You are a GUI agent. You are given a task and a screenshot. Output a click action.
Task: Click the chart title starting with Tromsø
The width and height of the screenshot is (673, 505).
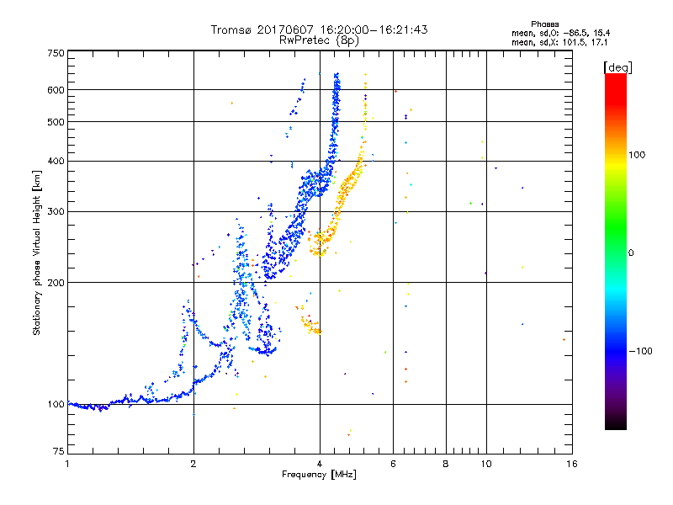point(319,29)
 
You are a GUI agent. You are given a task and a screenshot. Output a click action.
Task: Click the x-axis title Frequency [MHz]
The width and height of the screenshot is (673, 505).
point(319,476)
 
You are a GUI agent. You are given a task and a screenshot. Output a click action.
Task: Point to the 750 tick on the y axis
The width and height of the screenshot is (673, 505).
point(56,53)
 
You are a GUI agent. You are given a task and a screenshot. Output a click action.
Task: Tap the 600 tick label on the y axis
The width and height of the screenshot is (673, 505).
point(56,89)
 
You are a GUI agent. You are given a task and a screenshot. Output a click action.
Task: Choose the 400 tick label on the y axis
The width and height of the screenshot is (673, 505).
point(56,161)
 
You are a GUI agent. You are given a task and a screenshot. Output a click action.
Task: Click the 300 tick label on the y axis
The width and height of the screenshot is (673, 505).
point(56,211)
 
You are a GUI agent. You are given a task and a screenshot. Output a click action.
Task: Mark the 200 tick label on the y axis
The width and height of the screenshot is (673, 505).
point(56,282)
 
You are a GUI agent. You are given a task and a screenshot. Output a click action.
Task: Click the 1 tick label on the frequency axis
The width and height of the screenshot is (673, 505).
point(67,464)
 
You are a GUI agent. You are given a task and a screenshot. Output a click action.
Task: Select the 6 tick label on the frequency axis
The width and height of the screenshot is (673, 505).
point(393,464)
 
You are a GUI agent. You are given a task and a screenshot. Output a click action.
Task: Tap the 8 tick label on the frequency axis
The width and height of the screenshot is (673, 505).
point(446,464)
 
